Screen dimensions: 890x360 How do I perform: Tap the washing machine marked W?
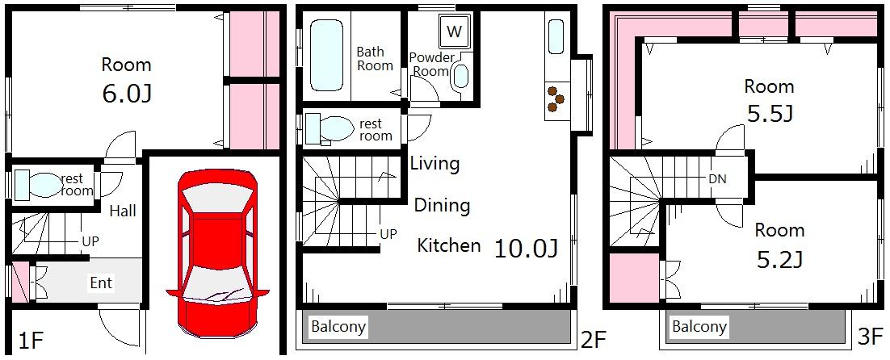pyautogui.click(x=454, y=31)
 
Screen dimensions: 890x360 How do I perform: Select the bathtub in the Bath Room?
pyautogui.click(x=327, y=54)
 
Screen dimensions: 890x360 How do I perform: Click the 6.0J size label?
pyautogui.click(x=127, y=94)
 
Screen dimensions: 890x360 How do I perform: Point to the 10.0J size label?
pyautogui.click(x=527, y=249)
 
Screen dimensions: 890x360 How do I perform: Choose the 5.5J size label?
pyautogui.click(x=769, y=115)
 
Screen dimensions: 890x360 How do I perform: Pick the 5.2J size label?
pyautogui.click(x=780, y=260)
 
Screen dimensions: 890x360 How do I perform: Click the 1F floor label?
pyautogui.click(x=31, y=341)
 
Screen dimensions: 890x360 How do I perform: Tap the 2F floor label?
pyautogui.click(x=593, y=340)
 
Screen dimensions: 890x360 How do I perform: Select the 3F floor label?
pyautogui.click(x=871, y=337)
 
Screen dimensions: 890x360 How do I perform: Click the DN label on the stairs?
pyautogui.click(x=717, y=179)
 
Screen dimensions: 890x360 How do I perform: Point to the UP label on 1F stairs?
pyautogui.click(x=90, y=241)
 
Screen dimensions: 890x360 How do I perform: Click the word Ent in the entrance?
pyautogui.click(x=101, y=283)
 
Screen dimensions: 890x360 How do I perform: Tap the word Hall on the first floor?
pyautogui.click(x=124, y=211)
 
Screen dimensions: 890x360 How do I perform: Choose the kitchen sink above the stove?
pyautogui.click(x=556, y=37)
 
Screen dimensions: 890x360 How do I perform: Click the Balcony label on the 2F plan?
pyautogui.click(x=339, y=327)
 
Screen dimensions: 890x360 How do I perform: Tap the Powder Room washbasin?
pyautogui.click(x=462, y=77)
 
